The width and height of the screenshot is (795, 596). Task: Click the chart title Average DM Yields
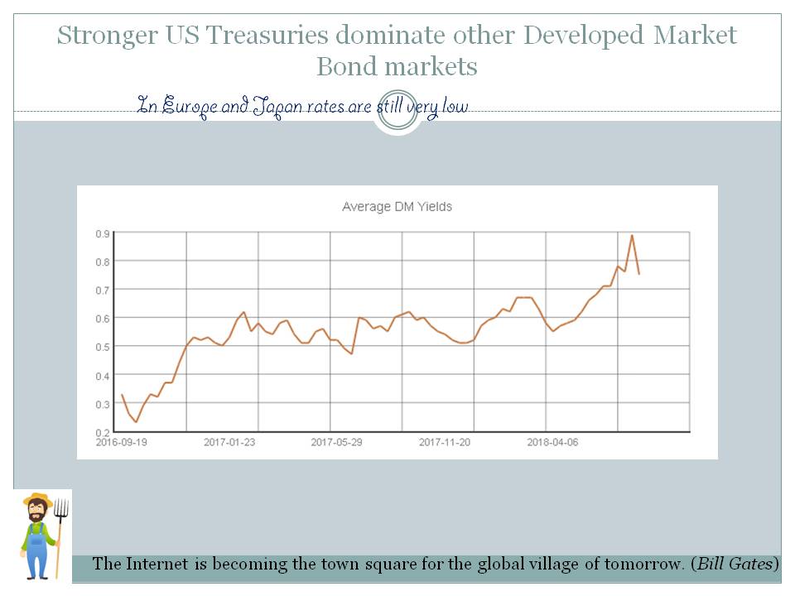tap(397, 207)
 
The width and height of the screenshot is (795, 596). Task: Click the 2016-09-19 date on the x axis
tap(122, 442)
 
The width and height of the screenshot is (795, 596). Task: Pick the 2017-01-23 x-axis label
tap(229, 442)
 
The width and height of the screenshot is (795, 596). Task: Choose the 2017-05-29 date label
tap(336, 442)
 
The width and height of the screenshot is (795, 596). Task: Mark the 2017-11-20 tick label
tap(445, 442)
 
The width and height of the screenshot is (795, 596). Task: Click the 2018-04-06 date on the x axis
tap(552, 442)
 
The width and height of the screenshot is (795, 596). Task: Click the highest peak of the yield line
tap(632, 235)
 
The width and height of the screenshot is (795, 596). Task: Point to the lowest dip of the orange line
tap(136, 422)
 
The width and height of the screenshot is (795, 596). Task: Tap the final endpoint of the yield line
tap(639, 274)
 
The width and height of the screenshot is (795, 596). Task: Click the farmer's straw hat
tap(37, 500)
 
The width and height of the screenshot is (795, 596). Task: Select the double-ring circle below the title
tap(397, 111)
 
